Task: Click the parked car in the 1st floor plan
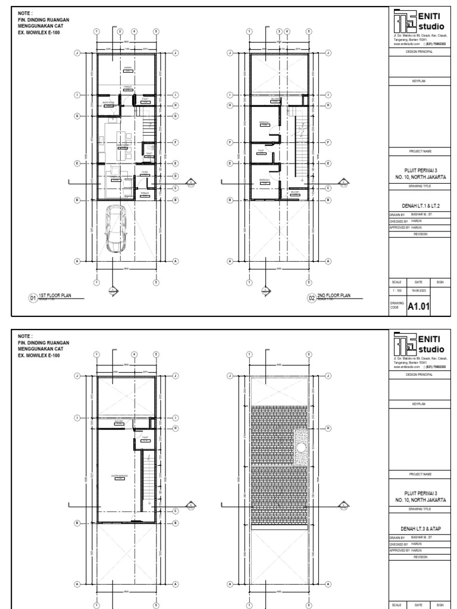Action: (115, 230)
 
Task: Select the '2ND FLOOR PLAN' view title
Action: (334, 295)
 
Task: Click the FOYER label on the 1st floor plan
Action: (144, 172)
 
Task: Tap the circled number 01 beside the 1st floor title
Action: (33, 297)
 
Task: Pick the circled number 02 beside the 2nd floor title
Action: (311, 297)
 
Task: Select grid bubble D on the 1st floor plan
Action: (176, 176)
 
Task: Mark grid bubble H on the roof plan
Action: (328, 428)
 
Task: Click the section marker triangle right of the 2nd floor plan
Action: (343, 182)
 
